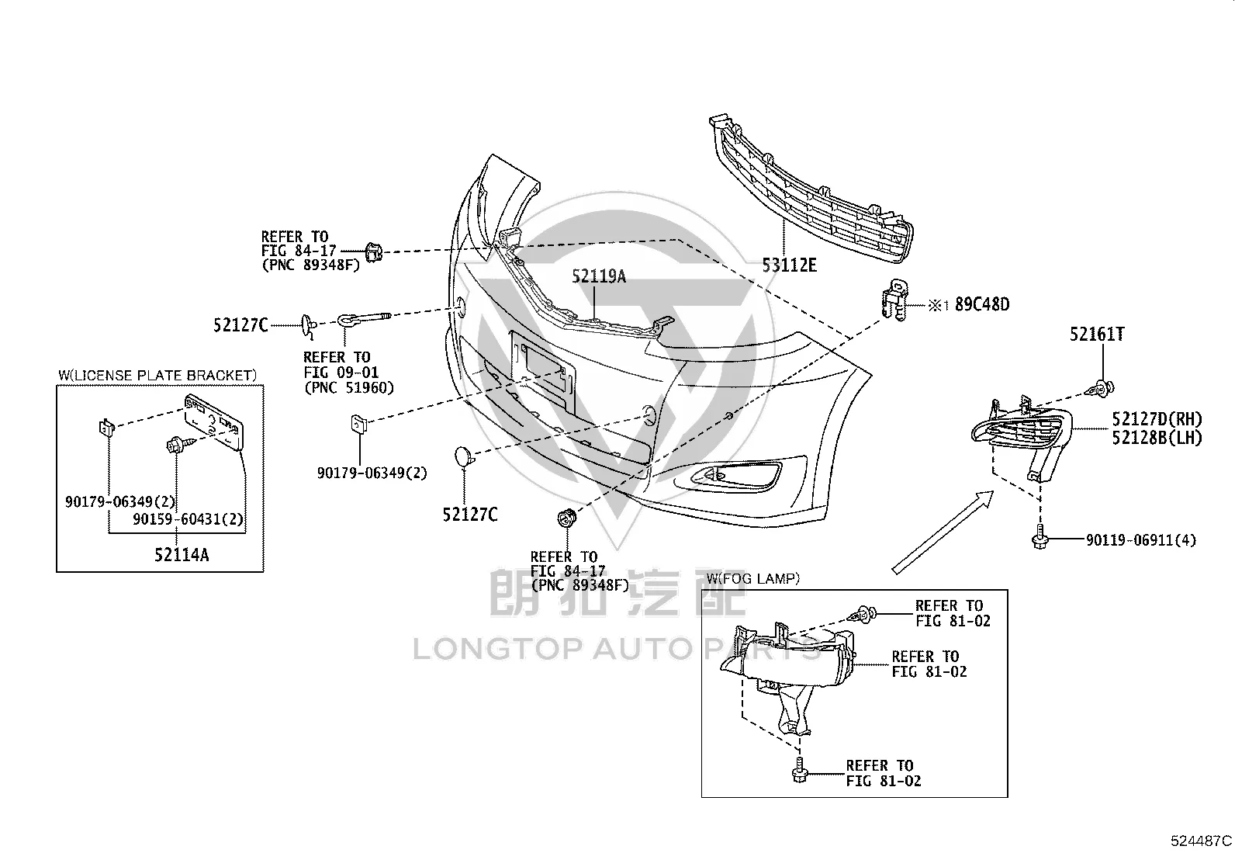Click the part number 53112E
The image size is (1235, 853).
pos(789,265)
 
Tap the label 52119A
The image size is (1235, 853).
pos(599,276)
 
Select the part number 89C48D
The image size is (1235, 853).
pos(982,304)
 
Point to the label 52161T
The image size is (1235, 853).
pos(1097,335)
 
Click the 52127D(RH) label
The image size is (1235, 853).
pos(1157,419)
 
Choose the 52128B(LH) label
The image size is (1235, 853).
pos(1157,438)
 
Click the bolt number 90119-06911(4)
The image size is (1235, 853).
pos(1141,540)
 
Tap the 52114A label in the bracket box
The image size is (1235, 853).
pos(182,555)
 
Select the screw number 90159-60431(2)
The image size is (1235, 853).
pos(188,519)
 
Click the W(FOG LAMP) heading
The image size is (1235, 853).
pos(753,579)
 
